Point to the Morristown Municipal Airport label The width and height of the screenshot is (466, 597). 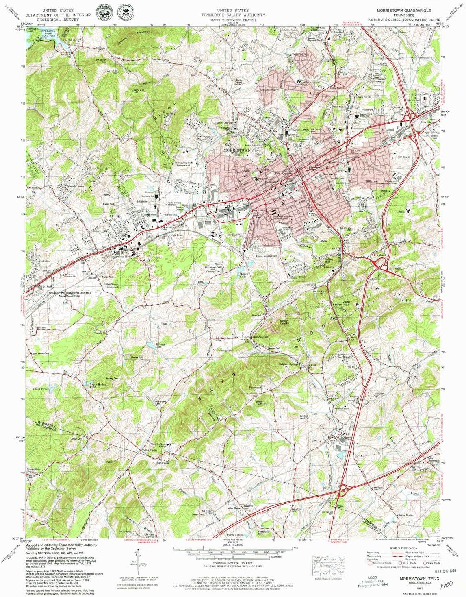[x=69, y=293]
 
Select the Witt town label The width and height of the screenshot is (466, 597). [x=346, y=434]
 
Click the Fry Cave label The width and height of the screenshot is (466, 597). [x=379, y=255]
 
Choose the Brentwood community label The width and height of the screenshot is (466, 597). [x=43, y=261]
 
